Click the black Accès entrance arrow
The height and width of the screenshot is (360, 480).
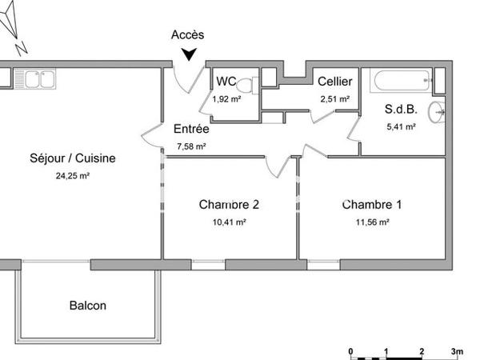point(189,54)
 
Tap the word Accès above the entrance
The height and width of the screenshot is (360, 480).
point(188,34)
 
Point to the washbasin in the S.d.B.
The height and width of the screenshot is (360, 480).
point(436,113)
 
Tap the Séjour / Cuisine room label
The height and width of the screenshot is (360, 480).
point(73,158)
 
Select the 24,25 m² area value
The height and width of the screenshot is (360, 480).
point(73,176)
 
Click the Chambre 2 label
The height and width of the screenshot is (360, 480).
point(229,204)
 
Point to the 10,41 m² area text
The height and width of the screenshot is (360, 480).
point(229,222)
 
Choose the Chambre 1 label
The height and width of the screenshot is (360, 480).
point(372,204)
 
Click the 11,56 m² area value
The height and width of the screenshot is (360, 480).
point(372,222)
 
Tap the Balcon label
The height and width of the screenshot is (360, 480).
point(88,306)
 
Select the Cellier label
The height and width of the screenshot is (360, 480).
point(334,82)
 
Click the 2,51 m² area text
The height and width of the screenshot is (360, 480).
point(335,99)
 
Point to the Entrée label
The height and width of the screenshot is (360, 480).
point(191,129)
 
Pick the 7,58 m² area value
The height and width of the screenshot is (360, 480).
point(191,146)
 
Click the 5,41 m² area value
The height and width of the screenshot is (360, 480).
point(401,126)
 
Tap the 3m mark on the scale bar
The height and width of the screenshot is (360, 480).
point(458,351)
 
